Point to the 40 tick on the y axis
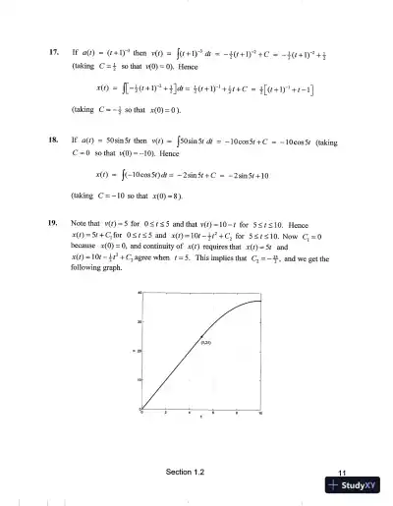tap(139, 293)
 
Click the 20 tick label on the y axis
tap(139, 349)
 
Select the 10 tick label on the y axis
tap(139, 378)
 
